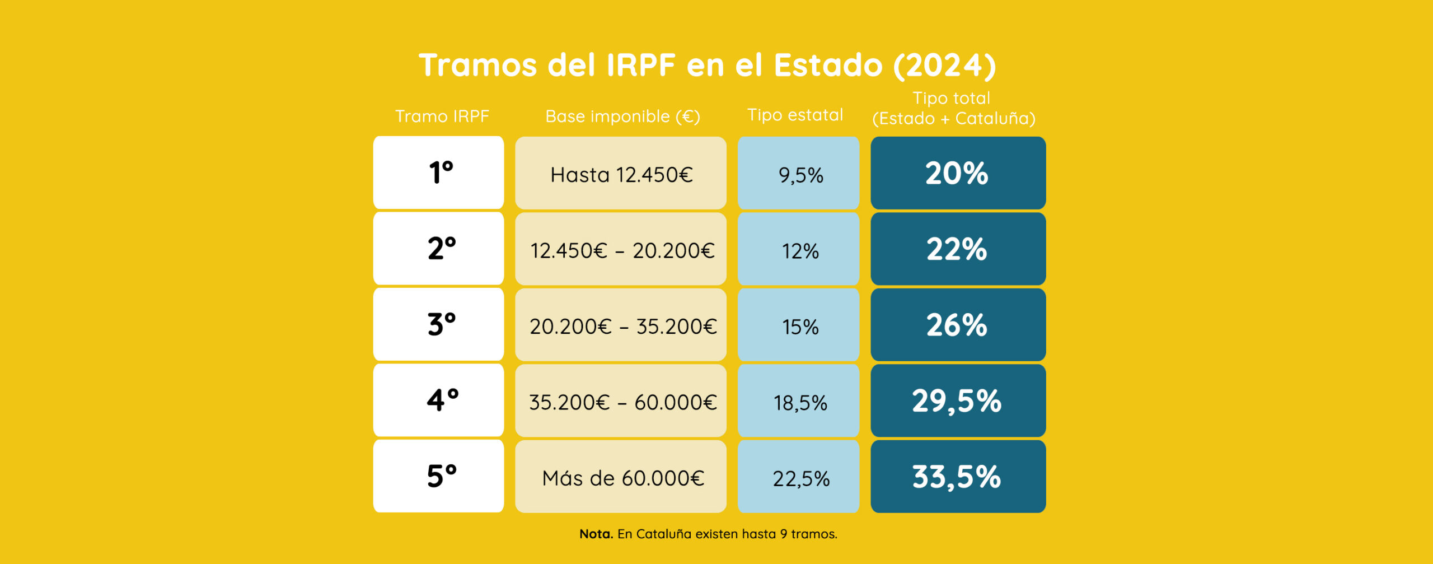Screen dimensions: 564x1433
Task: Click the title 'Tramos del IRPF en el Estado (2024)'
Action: pos(707,65)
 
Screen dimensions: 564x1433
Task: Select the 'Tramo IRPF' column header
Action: pos(442,116)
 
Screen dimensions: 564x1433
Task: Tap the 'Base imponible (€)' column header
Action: pos(622,116)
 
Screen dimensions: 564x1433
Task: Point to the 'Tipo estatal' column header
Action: pos(795,115)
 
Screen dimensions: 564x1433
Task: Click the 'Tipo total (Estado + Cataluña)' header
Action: pos(953,108)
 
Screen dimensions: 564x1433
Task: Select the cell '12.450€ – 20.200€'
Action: pos(621,250)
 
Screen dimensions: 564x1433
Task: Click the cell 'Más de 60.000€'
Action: pos(621,477)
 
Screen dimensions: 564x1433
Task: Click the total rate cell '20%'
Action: pos(958,173)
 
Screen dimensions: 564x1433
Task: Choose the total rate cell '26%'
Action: pos(958,325)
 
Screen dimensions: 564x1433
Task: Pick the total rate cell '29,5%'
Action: pos(958,400)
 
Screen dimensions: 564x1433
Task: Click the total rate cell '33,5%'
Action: pos(958,477)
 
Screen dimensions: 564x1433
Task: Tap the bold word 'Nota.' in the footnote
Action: pos(596,534)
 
